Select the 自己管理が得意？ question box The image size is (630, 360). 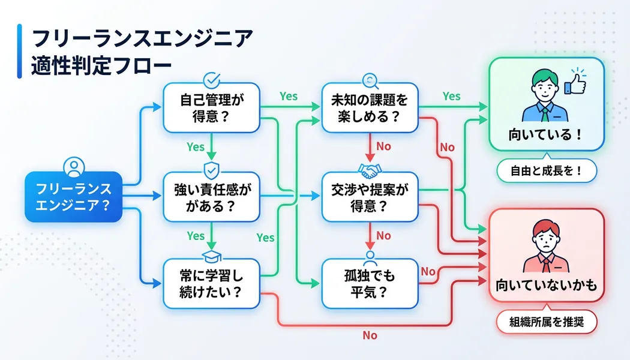click(212, 107)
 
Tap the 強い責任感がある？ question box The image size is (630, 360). click(212, 197)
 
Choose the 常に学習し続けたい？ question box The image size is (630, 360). click(212, 284)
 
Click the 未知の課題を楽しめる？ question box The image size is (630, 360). click(370, 107)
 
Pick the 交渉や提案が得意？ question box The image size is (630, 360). click(370, 197)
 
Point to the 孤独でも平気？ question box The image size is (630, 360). click(370, 284)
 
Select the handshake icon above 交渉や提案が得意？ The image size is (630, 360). click(370, 170)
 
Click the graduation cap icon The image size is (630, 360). click(211, 257)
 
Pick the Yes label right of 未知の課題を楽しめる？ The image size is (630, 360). click(451, 96)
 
